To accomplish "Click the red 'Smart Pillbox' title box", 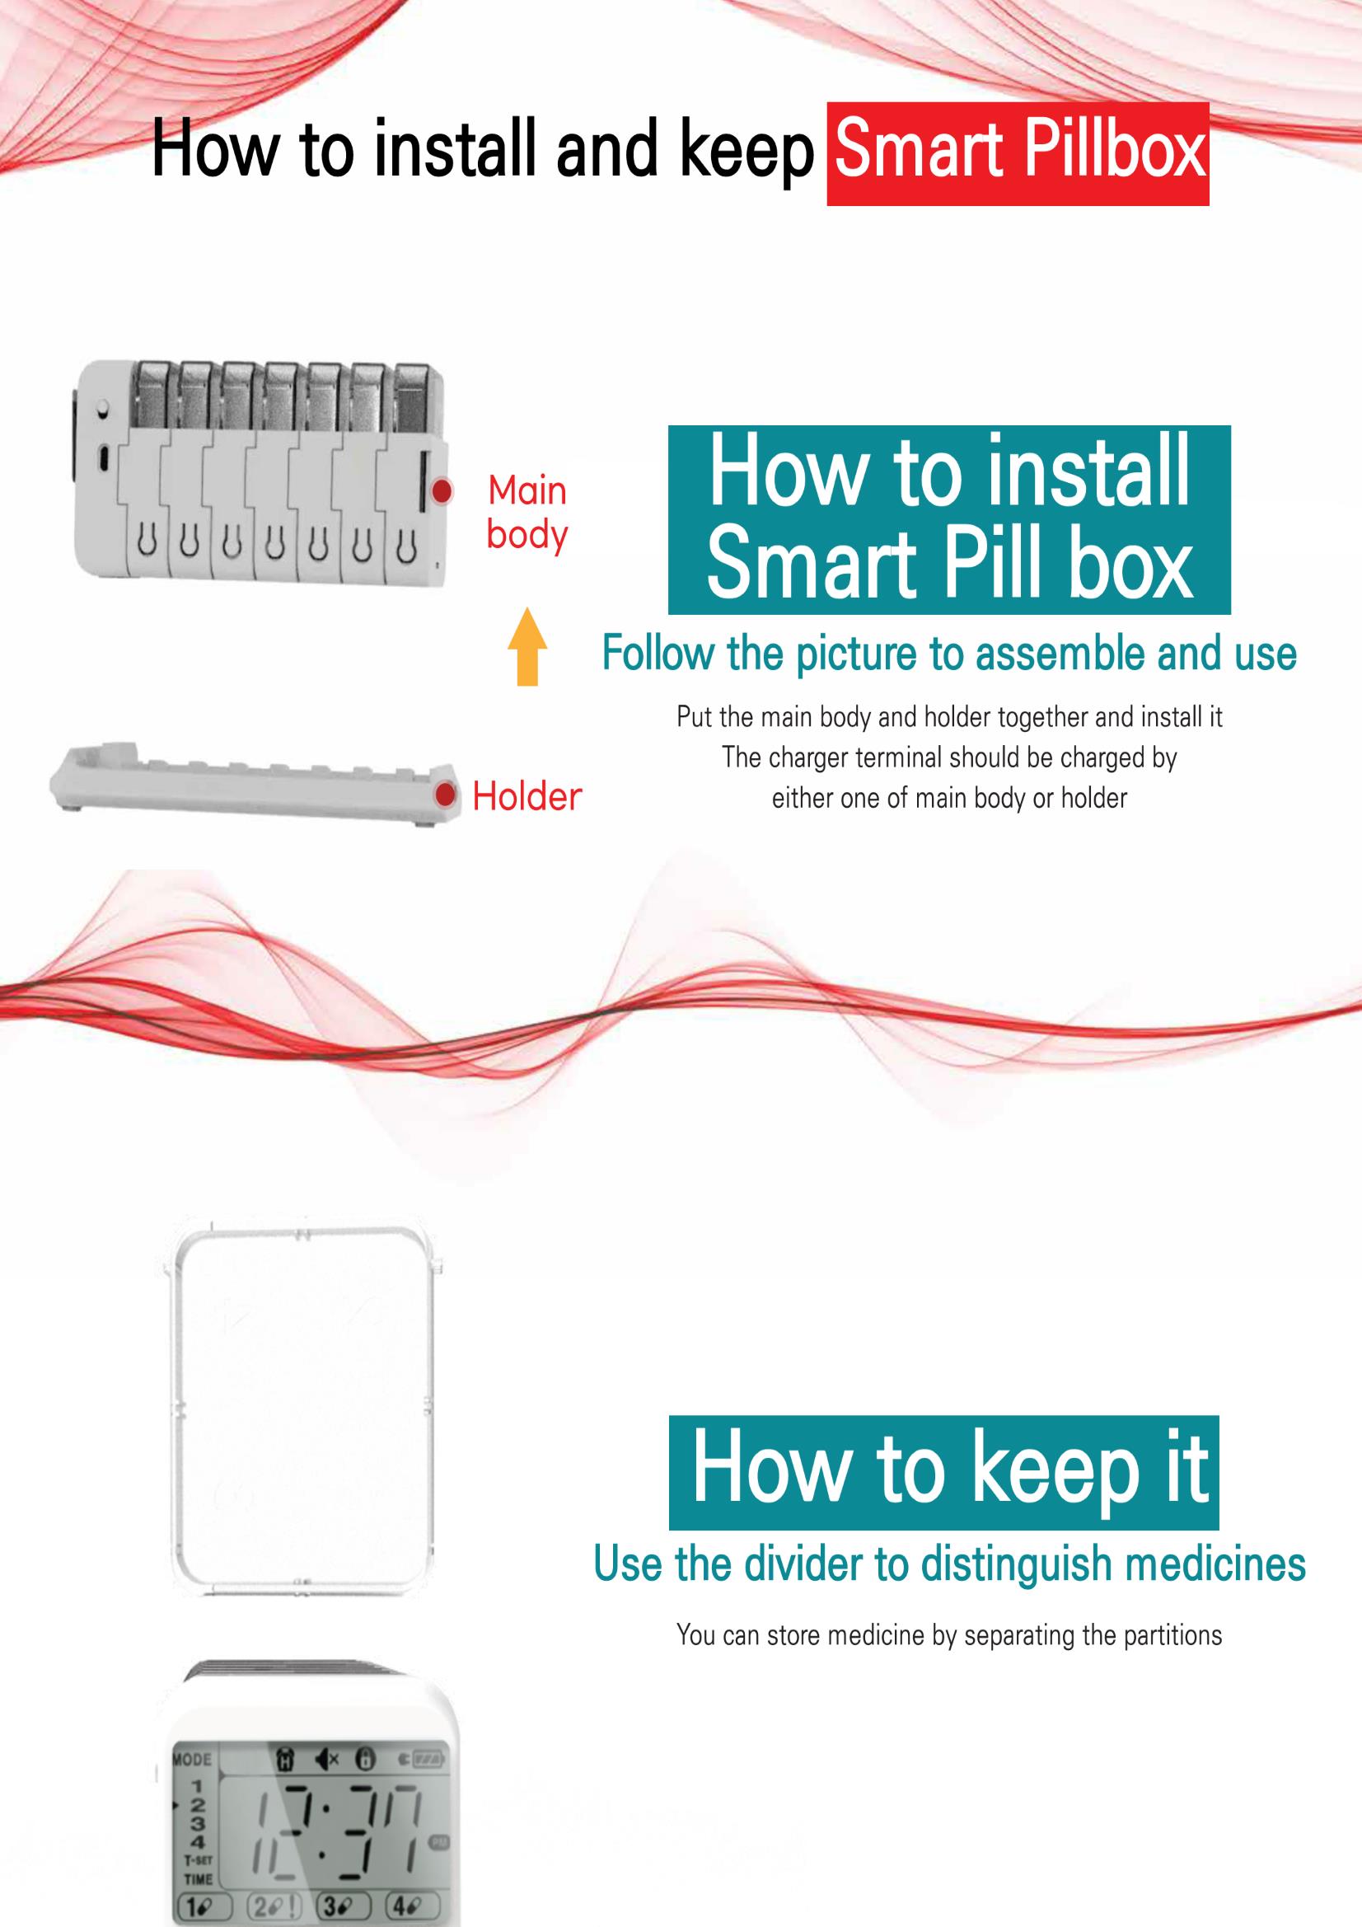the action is [x=1018, y=153].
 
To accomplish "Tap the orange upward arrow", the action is [x=527, y=645].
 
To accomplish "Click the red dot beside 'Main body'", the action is [x=442, y=491].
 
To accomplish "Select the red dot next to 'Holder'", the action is [x=447, y=794].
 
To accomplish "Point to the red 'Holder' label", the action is [x=527, y=795].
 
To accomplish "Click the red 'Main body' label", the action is [x=527, y=513].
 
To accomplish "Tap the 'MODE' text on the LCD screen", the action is [x=192, y=1758].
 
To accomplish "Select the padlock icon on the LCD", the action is [x=364, y=1758].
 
